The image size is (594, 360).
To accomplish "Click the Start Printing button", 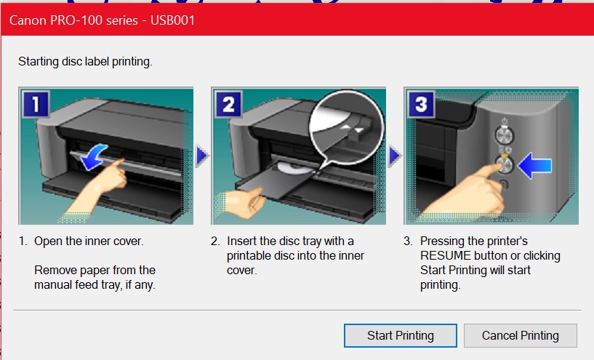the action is [x=401, y=335].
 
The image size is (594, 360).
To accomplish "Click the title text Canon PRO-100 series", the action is [x=73, y=20].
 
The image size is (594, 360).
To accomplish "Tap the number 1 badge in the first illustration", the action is [x=36, y=104].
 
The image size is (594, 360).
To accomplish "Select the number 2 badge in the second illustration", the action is [x=229, y=104].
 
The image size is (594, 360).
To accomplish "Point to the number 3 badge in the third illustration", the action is [x=421, y=104].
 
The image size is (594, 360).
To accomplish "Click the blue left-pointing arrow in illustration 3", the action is [x=534, y=166].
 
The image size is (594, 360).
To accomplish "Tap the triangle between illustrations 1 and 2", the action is [x=202, y=156].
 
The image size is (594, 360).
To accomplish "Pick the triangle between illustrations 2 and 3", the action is [x=395, y=156].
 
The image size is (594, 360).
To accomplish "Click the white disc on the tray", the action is [x=294, y=168].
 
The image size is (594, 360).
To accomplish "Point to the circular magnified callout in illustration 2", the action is [x=346, y=128].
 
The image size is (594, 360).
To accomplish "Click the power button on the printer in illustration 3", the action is [x=505, y=135].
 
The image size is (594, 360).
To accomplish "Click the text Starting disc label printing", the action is [x=85, y=61].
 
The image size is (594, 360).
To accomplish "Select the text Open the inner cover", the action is [x=89, y=241].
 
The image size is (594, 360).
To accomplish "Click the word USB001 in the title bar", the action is [x=173, y=20].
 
